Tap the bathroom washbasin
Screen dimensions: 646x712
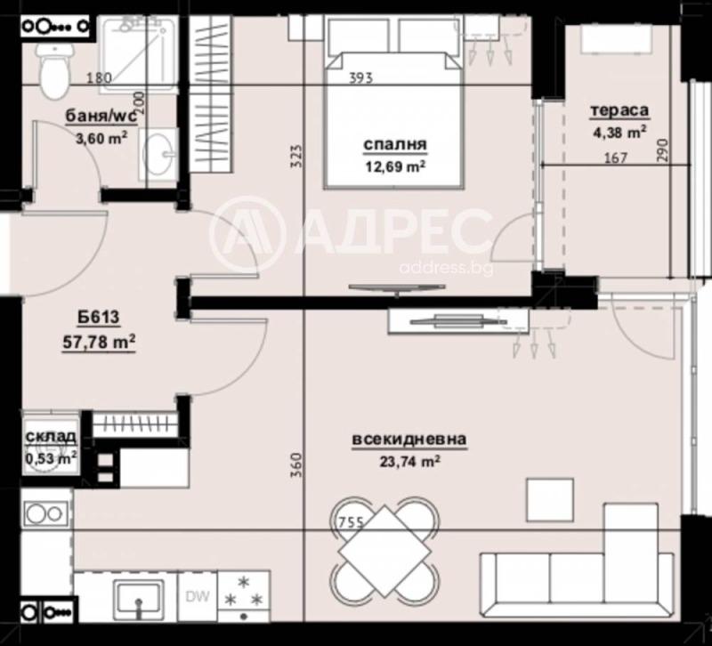[x=160, y=157]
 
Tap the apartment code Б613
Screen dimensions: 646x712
[x=93, y=319]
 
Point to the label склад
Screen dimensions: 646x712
[x=50, y=438]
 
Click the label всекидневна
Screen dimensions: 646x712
[x=409, y=439]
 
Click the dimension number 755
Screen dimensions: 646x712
[x=352, y=523]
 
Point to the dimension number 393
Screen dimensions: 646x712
[x=360, y=77]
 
